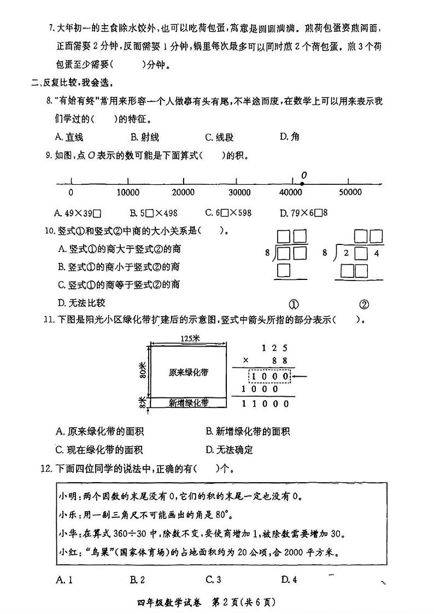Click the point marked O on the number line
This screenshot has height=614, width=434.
click(302, 184)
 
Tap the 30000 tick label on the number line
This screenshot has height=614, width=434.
click(239, 192)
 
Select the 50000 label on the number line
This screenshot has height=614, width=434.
click(350, 192)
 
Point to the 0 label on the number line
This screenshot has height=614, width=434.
click(71, 192)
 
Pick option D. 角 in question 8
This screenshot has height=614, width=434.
click(290, 137)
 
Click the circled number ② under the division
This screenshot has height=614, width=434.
click(364, 305)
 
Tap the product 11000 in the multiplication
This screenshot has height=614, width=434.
click(266, 404)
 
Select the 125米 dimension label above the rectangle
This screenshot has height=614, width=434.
click(189, 339)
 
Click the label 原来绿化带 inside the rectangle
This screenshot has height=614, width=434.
click(189, 372)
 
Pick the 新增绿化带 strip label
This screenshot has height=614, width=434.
click(189, 403)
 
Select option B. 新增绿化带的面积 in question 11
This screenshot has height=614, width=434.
click(248, 432)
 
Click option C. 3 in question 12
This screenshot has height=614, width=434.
click(213, 580)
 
